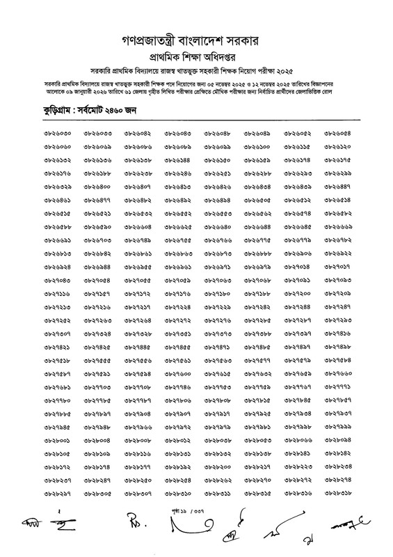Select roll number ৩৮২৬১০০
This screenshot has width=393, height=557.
click(x=257, y=148)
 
